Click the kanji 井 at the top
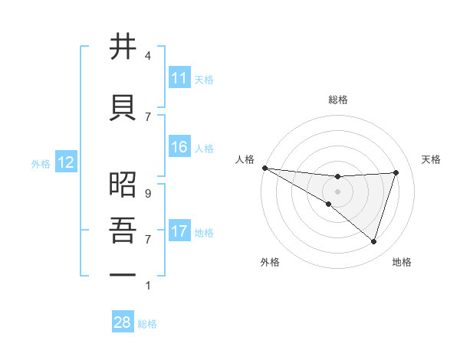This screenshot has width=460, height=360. [x=123, y=47]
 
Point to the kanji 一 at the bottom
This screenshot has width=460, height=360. [x=123, y=274]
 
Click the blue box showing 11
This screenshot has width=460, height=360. [x=179, y=78]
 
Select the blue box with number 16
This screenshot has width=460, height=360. [x=179, y=147]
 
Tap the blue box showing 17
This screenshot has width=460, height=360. [x=179, y=231]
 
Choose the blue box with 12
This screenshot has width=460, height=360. [x=65, y=162]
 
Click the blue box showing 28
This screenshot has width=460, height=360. [x=123, y=322]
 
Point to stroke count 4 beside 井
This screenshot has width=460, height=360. [x=148, y=56]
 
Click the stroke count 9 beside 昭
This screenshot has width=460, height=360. [x=148, y=194]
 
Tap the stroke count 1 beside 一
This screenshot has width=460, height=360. [x=148, y=286]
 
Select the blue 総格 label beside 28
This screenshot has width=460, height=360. [x=147, y=324]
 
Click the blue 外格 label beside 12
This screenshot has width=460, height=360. [x=41, y=163]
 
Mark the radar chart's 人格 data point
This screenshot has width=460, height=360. [x=264, y=168]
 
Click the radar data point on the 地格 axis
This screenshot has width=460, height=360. [x=373, y=242]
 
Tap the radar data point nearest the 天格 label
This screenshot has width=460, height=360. [x=396, y=172]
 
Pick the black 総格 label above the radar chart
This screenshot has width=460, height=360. [x=337, y=100]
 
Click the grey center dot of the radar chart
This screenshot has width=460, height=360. [x=337, y=191]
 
